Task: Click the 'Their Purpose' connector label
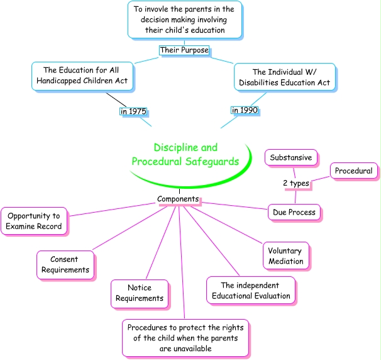coord(184,50)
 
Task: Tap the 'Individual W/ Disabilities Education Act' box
coord(282,76)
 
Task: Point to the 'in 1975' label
coord(133,112)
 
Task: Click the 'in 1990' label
coord(245,111)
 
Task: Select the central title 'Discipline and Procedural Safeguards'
coord(185,155)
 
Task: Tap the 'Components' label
coord(178,199)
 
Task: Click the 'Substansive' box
coord(290,157)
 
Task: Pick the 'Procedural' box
coord(353,171)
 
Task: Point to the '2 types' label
coord(295,183)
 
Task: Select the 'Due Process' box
coord(294,212)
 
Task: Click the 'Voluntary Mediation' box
coord(285,256)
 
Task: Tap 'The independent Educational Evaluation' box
coord(250,290)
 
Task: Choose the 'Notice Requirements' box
coord(140,293)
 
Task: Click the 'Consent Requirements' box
coord(65,265)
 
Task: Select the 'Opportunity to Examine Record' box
coord(35,221)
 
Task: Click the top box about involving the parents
coord(184,20)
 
